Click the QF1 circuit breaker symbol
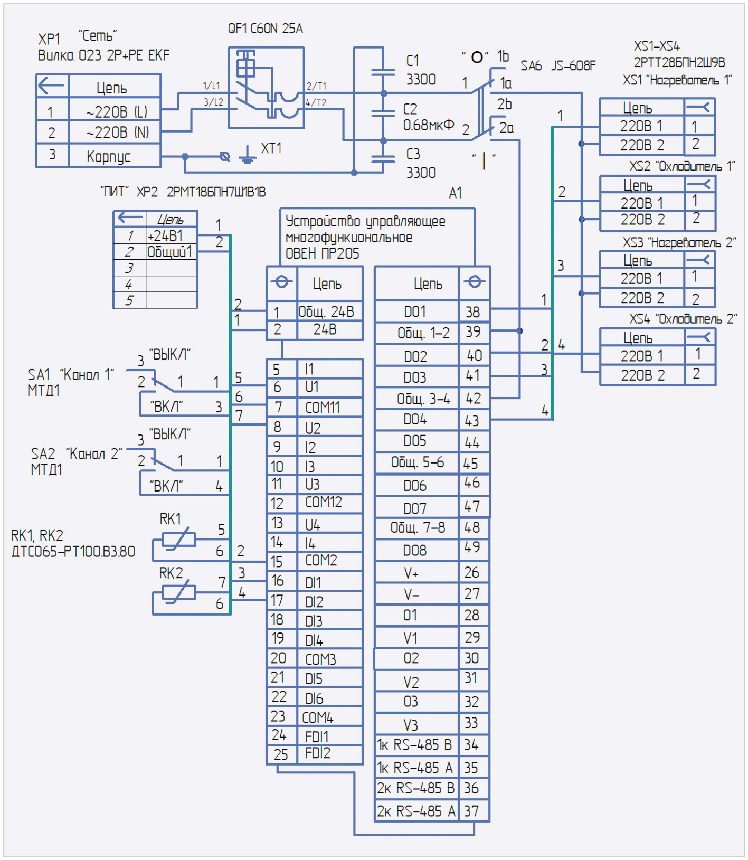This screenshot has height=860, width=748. point(266,88)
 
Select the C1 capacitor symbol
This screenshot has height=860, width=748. point(383,72)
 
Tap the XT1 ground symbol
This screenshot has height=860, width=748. point(247,155)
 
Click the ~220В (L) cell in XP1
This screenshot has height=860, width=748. point(117,112)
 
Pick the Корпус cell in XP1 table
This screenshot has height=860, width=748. point(109,156)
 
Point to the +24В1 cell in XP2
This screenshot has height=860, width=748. point(165,235)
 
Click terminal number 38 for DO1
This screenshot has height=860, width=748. point(473,312)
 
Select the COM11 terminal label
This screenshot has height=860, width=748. point(323,408)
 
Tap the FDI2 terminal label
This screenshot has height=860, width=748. point(318,753)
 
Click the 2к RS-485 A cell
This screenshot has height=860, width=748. point(416,811)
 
